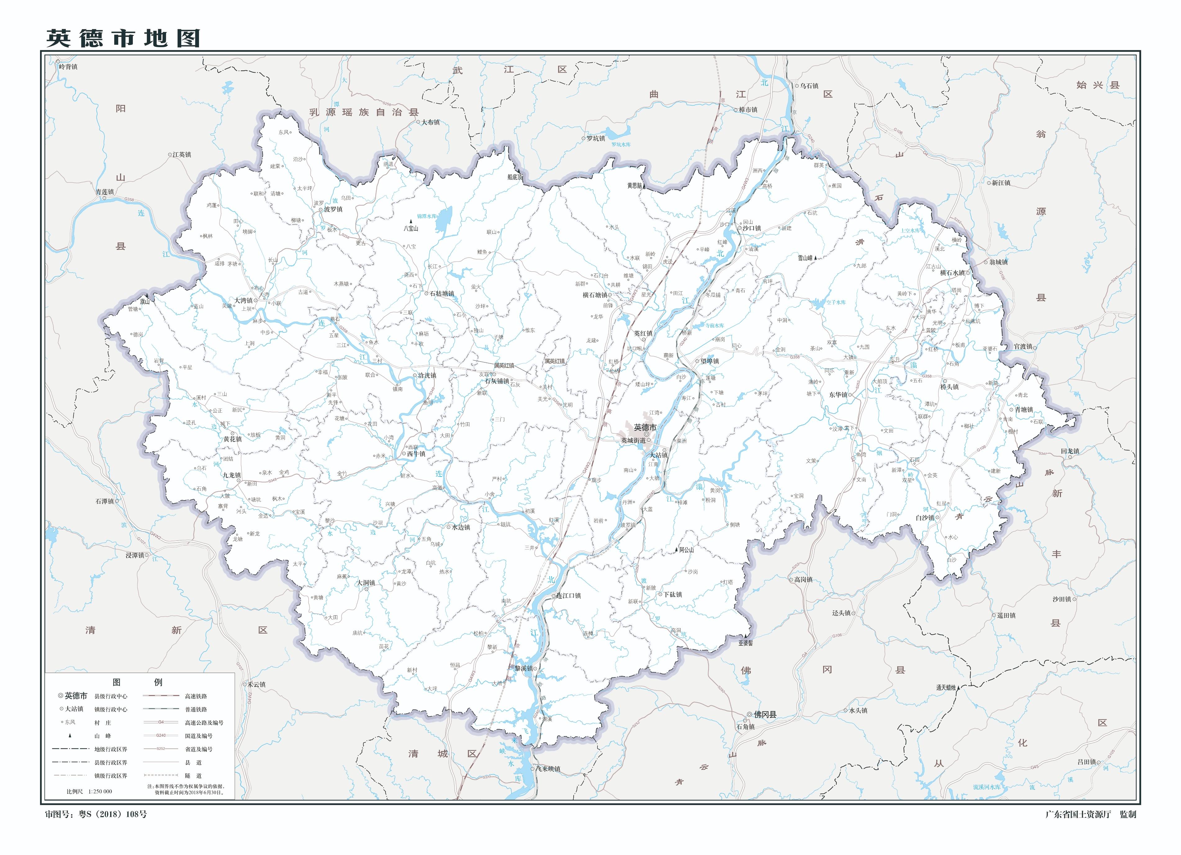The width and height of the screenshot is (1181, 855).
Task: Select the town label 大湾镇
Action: [x=243, y=301]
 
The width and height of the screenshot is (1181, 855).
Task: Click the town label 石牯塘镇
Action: [x=442, y=294]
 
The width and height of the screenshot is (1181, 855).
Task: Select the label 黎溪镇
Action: [x=523, y=668]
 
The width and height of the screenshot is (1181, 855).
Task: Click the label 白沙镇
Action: [x=925, y=518]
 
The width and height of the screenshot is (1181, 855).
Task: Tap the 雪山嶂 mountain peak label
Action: [x=805, y=258]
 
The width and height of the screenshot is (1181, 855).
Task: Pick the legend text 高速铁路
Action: [x=196, y=696]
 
